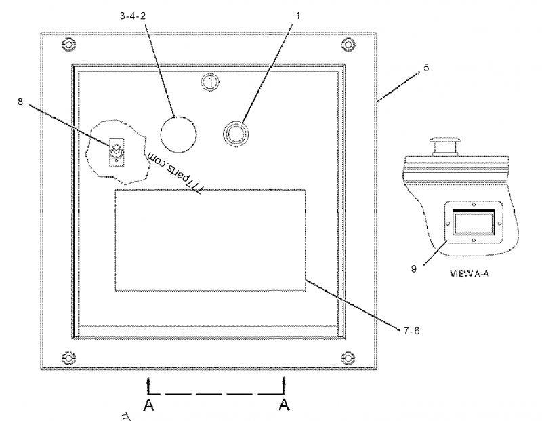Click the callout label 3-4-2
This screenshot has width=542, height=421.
133,16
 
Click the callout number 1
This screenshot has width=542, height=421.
297,16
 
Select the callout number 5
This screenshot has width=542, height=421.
426,68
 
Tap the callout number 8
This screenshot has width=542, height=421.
20,102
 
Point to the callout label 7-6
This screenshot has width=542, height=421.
411,331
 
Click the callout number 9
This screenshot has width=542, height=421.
414,268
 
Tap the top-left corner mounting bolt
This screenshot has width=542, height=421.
69,44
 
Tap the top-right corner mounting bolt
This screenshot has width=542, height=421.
348,44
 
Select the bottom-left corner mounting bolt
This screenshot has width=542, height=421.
69,358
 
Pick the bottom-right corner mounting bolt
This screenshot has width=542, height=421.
348,358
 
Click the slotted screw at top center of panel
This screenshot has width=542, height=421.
210,82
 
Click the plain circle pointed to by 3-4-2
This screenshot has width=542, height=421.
178,134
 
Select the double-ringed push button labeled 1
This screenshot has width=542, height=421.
236,134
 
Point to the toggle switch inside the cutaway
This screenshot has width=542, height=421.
117,152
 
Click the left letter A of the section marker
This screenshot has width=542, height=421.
148,405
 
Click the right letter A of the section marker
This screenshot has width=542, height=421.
284,405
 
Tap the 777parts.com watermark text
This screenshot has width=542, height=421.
175,172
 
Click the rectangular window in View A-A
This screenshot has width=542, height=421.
474,223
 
